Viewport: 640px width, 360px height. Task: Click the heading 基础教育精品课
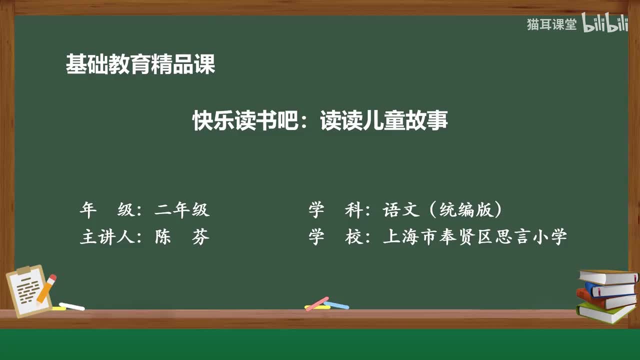point(140,64)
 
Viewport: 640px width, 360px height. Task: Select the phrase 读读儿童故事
point(384,121)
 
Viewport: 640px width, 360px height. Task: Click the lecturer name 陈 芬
point(182,237)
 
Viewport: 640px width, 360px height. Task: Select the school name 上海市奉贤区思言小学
point(475,237)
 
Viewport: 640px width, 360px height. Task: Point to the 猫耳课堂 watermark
point(551,24)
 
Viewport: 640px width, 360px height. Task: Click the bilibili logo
point(605,24)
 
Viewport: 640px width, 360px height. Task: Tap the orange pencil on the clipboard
point(46,289)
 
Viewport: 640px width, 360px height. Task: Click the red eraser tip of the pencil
point(52,277)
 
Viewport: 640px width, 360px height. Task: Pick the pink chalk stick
point(317,303)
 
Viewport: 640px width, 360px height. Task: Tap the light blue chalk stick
point(336,304)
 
